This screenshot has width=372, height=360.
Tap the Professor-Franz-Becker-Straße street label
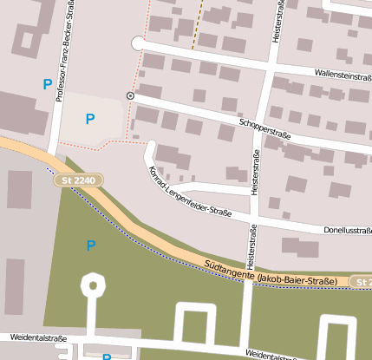(x=62, y=52)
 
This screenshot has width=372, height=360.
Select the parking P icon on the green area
(x=90, y=245)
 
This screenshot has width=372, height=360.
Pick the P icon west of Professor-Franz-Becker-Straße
(x=47, y=84)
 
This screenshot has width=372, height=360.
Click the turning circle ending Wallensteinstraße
(x=137, y=43)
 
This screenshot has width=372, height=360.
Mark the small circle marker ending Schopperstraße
(x=130, y=95)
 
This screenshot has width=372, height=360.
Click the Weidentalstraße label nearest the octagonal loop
(x=38, y=339)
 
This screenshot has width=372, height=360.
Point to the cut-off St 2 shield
(x=361, y=282)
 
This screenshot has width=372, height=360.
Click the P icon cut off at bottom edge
(x=107, y=357)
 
